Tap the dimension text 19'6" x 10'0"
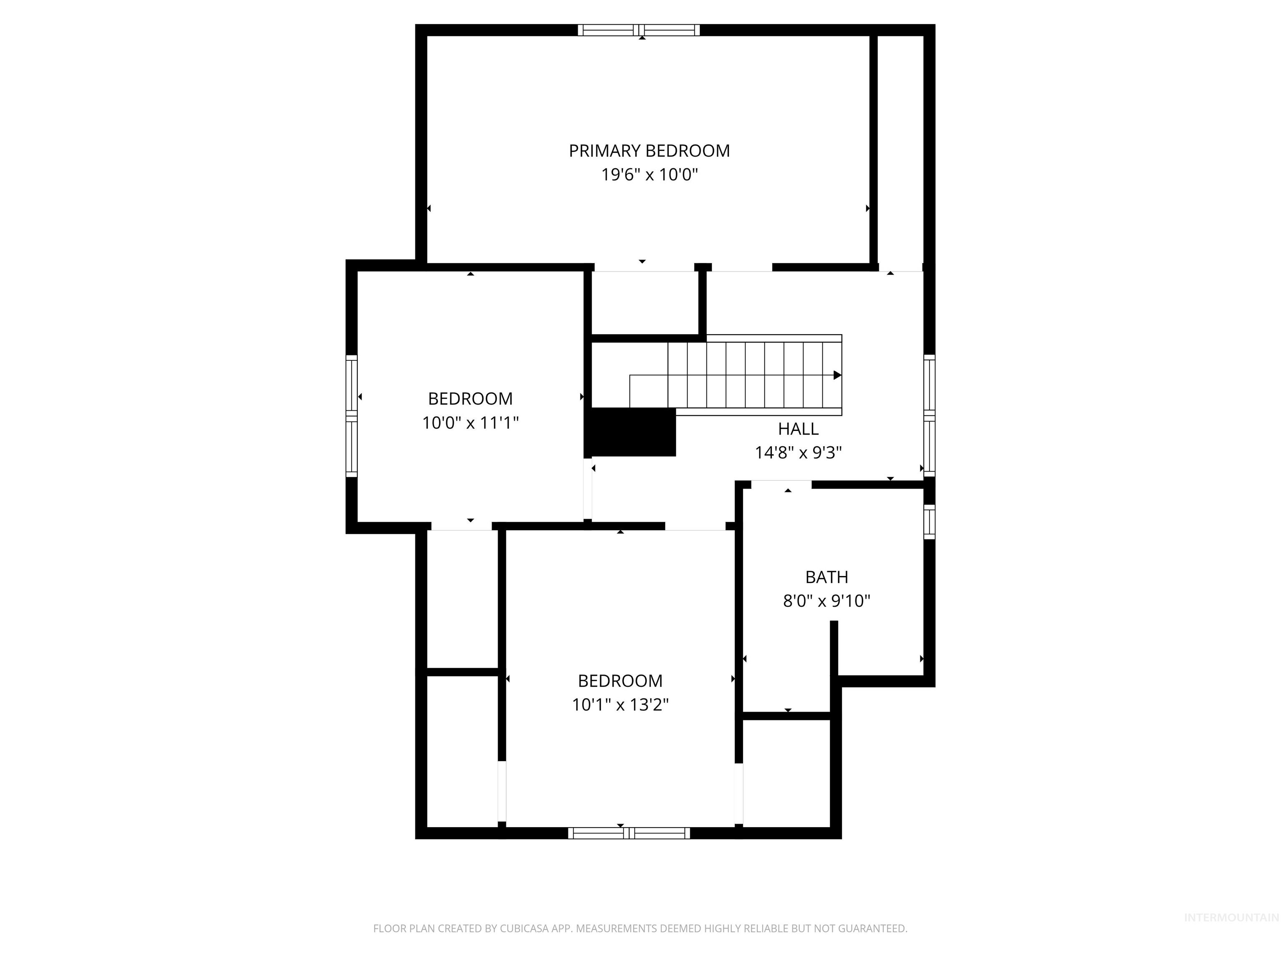[649, 174]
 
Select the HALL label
[798, 429]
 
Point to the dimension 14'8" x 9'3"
[798, 453]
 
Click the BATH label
[826, 577]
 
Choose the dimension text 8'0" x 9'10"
[826, 601]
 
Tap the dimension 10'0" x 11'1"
[470, 423]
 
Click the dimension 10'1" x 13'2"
[620, 704]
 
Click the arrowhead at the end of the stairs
[837, 375]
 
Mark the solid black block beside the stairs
[631, 432]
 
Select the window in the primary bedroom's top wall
[639, 30]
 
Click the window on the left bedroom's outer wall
[352, 416]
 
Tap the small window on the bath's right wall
[929, 522]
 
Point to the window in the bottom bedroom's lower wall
[629, 833]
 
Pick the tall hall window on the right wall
[929, 415]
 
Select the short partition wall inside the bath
[834, 649]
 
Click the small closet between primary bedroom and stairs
[643, 302]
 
